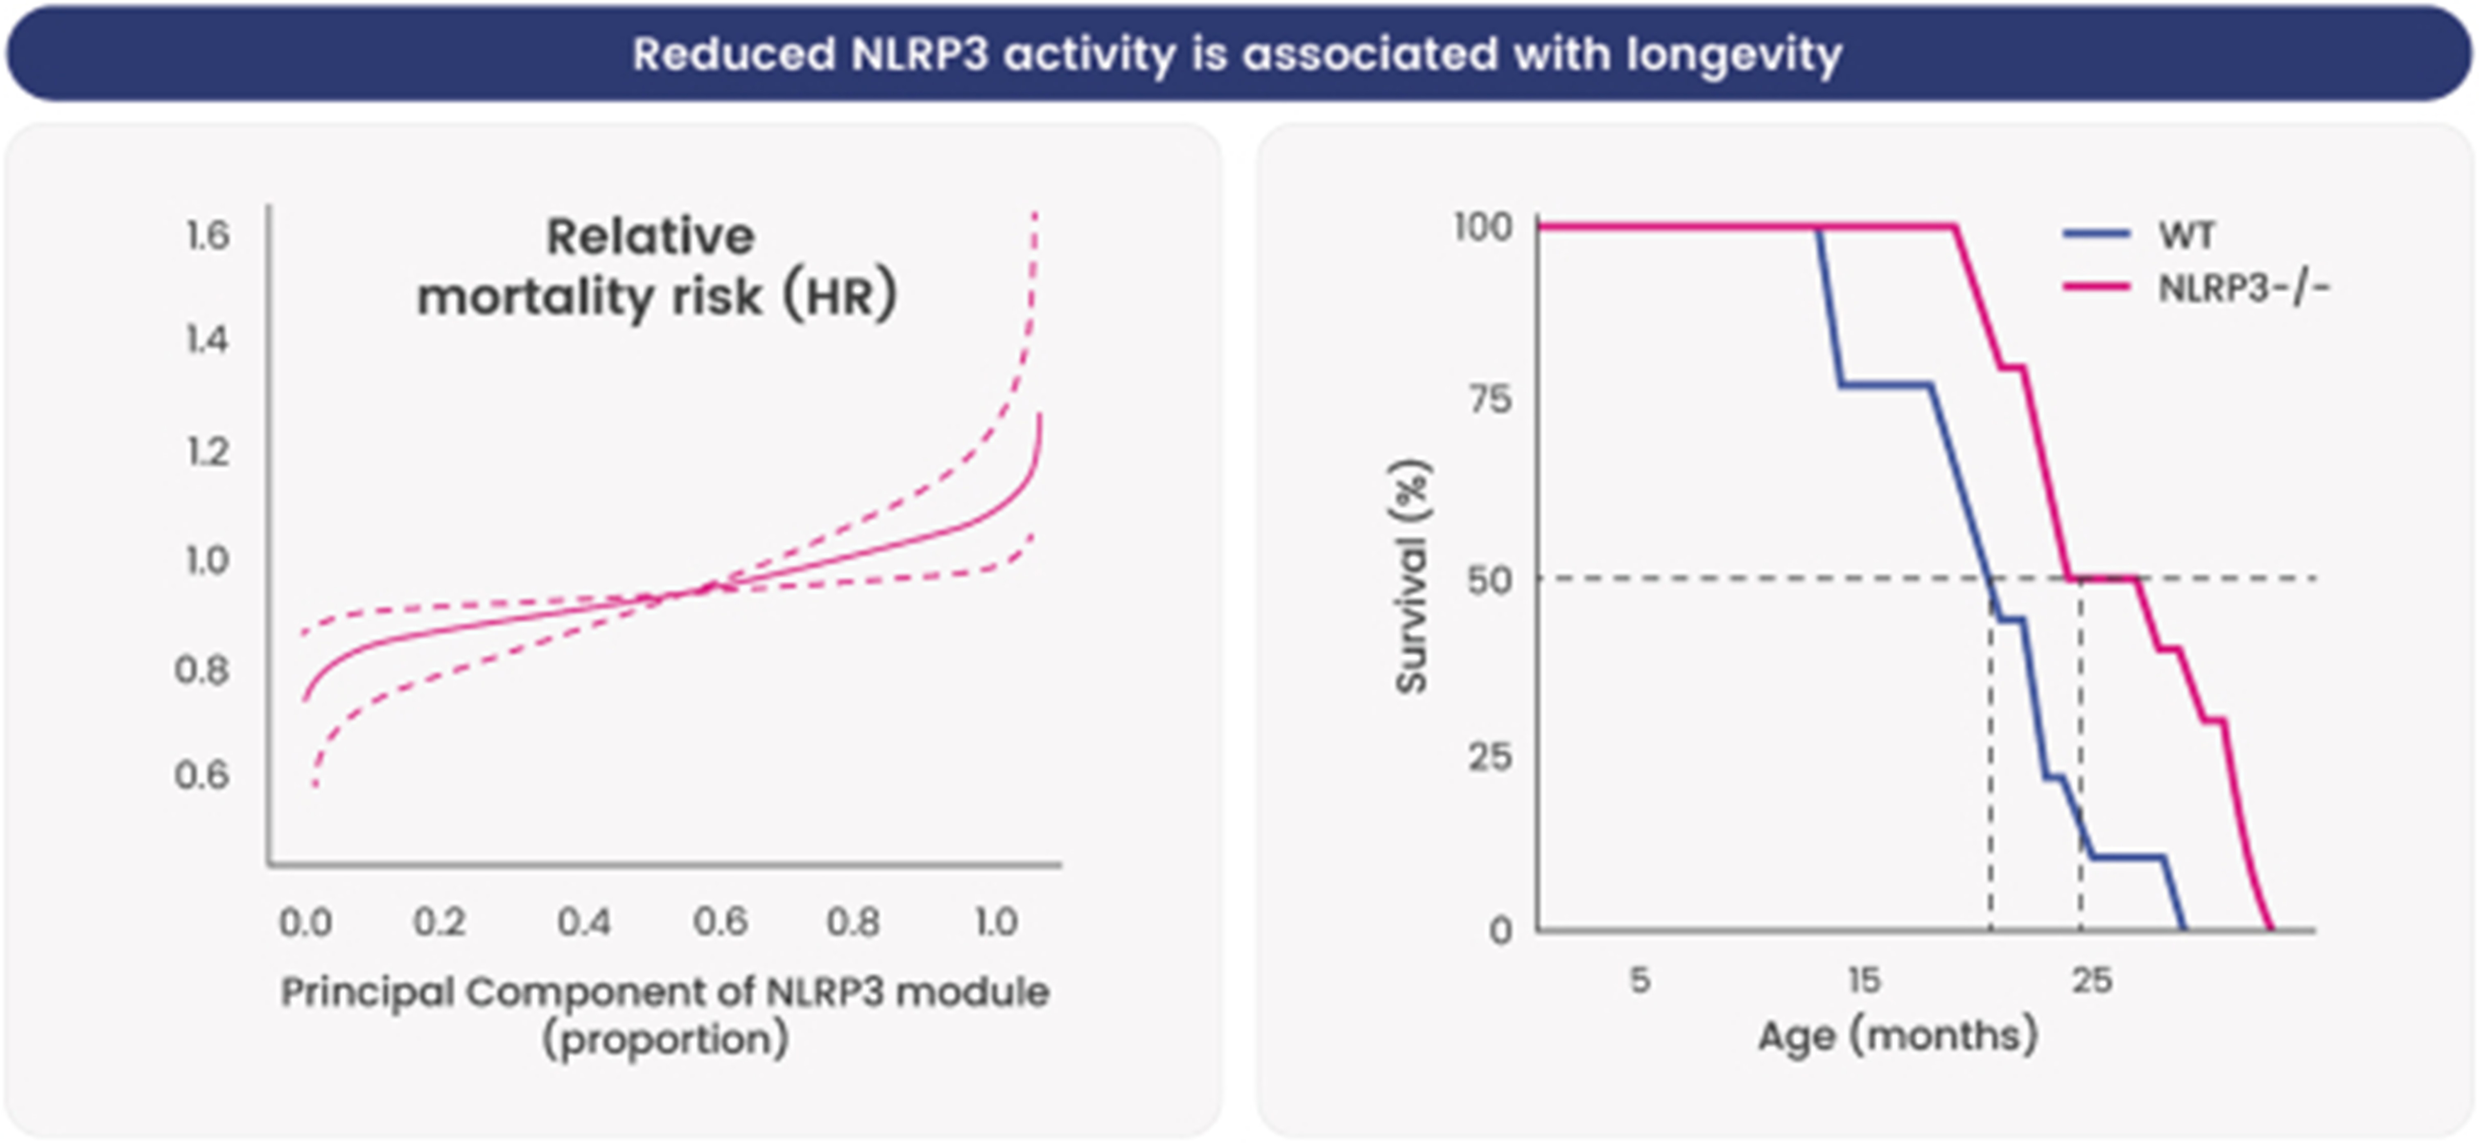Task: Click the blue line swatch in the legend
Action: [x=2096, y=234]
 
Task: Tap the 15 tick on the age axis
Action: [x=1864, y=981]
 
